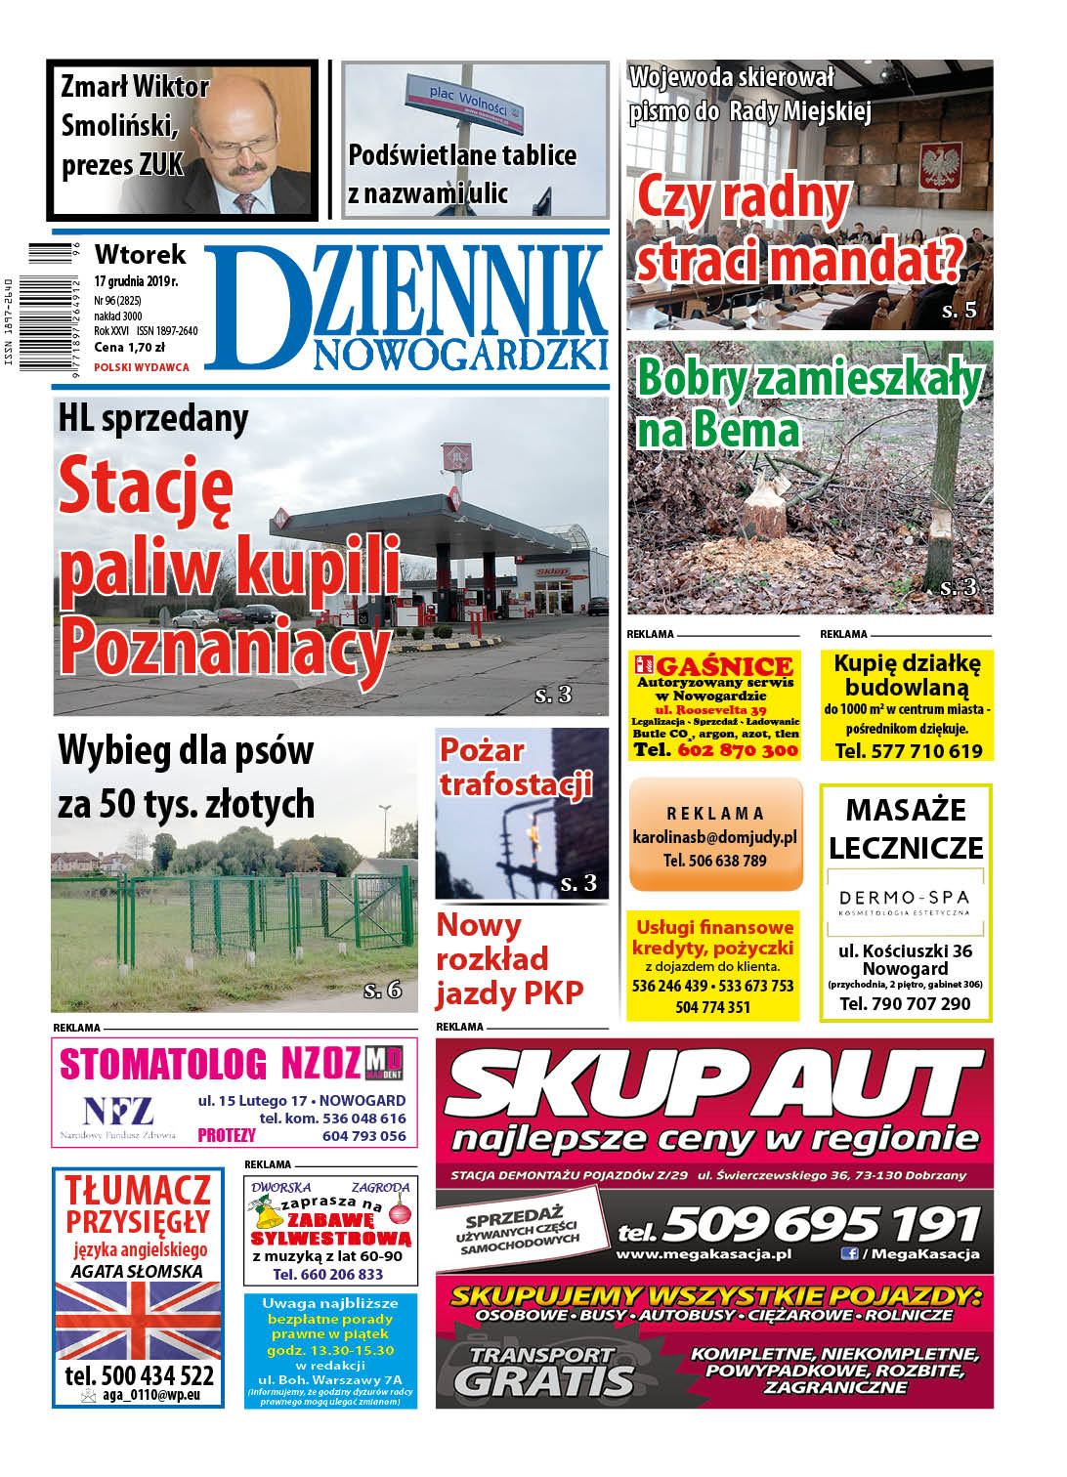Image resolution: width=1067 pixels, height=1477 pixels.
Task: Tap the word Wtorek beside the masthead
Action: pos(140,255)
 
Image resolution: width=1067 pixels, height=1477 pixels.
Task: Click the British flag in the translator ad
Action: pos(137,1320)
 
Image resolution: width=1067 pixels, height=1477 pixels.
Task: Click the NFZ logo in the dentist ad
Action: pos(118,1111)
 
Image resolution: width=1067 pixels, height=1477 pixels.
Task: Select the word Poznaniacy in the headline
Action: pos(225,649)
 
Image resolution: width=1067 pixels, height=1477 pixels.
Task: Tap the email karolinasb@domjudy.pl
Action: pos(714,837)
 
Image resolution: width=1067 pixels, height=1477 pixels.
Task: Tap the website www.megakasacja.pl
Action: pos(704,1253)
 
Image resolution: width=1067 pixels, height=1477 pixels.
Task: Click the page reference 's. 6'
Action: pos(382,990)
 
